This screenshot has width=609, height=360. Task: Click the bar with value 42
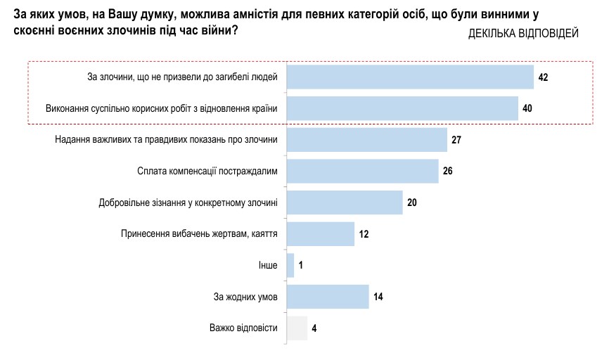coord(411,77)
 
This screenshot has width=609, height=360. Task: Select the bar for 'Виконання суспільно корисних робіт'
coord(403,108)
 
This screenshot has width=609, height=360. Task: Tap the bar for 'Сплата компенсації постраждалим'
coord(363,171)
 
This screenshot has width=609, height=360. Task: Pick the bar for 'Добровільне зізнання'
coord(345,202)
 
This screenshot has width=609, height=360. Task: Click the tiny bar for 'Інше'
coord(290,265)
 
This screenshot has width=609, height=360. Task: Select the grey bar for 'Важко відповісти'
coord(297,328)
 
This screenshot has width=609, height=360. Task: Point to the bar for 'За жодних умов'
coord(328,297)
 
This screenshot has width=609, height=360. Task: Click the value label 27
coord(456,140)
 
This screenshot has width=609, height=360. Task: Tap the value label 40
coord(527,108)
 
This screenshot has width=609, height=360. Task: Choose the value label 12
coord(364,234)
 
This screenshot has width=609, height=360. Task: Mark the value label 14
coord(378,297)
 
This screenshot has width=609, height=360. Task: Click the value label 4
coord(314,328)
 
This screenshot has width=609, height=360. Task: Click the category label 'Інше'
coord(268,266)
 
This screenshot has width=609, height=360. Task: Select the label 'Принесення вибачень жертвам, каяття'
coord(200,234)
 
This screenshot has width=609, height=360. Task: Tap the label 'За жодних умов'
coord(245,297)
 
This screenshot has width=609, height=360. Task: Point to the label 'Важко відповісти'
coord(243,328)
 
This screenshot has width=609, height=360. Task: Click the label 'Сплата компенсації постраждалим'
coord(207,171)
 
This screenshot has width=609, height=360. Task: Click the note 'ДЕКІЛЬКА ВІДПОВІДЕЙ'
coord(523,34)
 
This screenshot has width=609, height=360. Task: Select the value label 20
coord(412,202)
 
